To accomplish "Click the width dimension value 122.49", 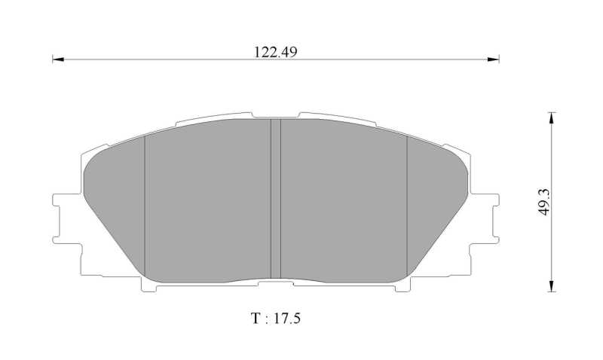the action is (x=275, y=52).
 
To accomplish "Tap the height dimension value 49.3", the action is (x=544, y=202).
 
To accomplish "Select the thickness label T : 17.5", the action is (x=275, y=319).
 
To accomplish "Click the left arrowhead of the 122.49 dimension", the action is (x=58, y=59).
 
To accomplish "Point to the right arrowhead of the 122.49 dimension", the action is (x=494, y=59).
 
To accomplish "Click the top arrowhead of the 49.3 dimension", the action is (x=552, y=118).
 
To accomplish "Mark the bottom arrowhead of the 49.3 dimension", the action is (x=552, y=286).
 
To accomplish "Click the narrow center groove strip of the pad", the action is (x=276, y=198).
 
